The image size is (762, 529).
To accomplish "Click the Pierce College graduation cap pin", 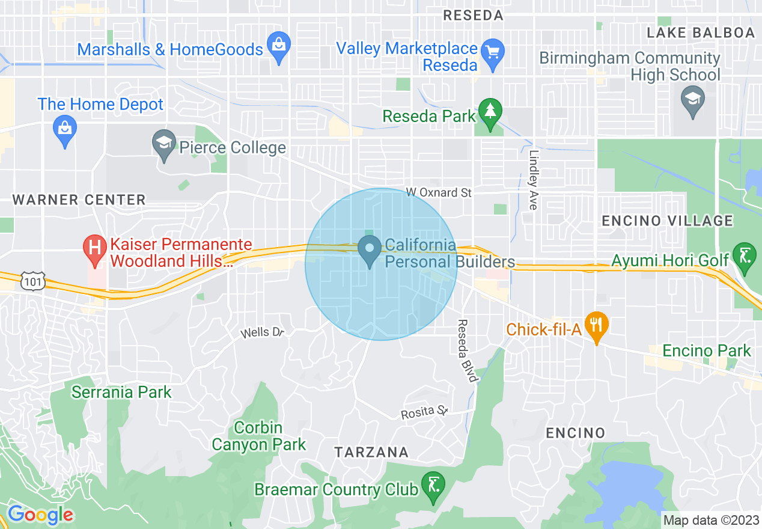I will [x=164, y=145].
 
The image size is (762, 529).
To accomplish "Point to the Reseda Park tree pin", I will [x=490, y=114].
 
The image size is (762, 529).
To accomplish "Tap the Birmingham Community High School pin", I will [x=692, y=99].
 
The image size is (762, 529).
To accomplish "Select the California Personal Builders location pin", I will [x=369, y=250].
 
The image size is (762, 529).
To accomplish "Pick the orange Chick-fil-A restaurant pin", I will [x=596, y=326].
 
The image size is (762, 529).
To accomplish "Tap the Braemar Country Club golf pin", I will [x=432, y=486].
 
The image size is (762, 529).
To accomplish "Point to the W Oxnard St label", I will [x=439, y=192].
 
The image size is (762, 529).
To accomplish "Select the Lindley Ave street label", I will [x=533, y=180].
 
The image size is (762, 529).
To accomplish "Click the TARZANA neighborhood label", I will [x=371, y=452].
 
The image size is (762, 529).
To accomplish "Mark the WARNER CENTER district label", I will [x=79, y=200].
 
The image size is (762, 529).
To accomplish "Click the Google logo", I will [x=40, y=515].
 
